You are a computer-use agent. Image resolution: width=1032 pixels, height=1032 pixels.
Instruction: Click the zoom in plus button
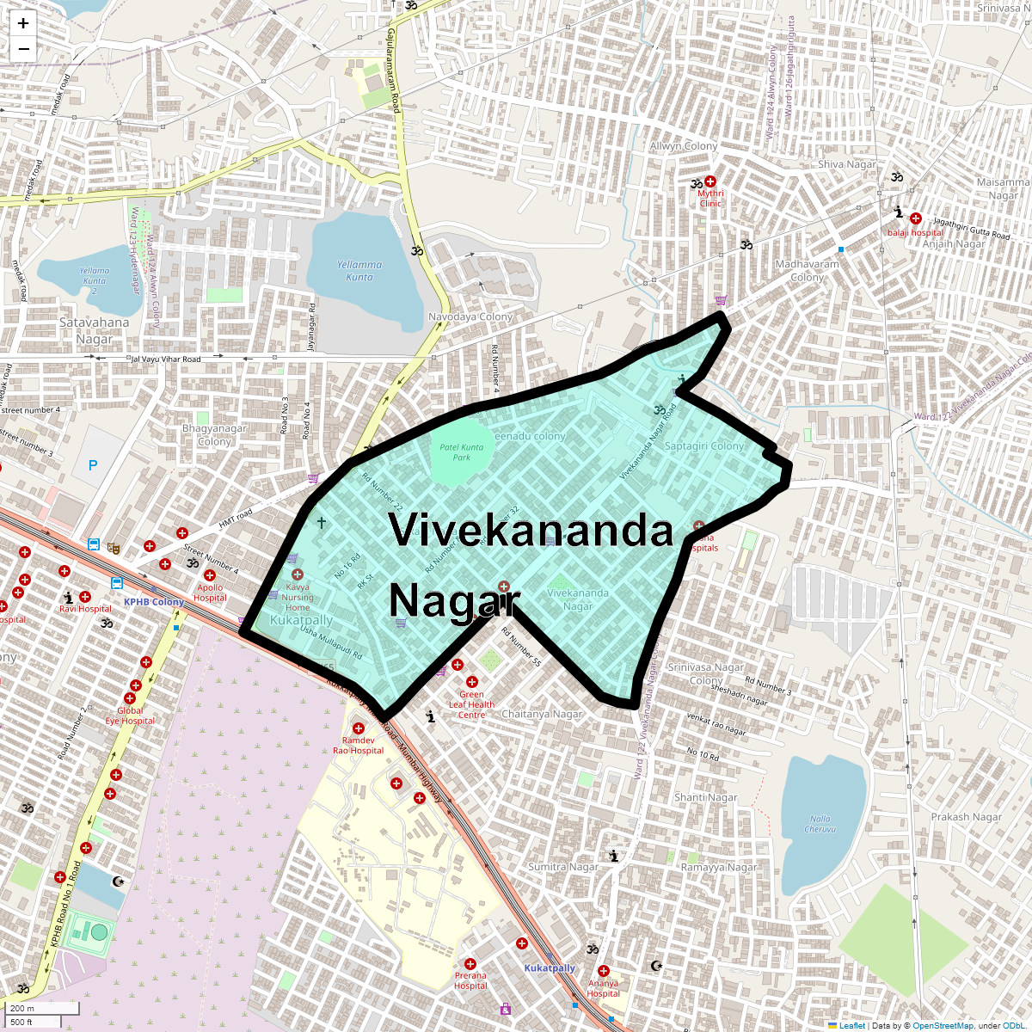click(x=23, y=24)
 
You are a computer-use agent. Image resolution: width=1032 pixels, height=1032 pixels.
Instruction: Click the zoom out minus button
click(x=23, y=49)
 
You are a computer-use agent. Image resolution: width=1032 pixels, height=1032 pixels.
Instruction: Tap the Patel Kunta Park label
click(x=462, y=452)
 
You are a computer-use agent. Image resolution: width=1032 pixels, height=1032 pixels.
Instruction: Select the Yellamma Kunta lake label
click(x=359, y=271)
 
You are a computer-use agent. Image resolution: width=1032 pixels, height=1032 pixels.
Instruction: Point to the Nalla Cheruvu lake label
click(x=820, y=824)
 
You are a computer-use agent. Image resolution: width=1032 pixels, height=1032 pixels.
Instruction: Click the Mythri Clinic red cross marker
click(x=710, y=181)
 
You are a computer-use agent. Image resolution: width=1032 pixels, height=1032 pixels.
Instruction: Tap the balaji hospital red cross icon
click(x=916, y=218)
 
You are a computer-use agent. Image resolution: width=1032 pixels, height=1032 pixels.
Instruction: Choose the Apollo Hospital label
click(x=210, y=593)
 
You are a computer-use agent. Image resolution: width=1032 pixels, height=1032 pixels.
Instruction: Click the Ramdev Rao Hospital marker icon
click(x=359, y=728)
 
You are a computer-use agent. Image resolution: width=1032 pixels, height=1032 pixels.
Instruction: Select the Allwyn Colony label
click(x=684, y=146)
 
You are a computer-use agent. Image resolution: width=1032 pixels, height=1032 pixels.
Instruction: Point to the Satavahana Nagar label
click(x=95, y=331)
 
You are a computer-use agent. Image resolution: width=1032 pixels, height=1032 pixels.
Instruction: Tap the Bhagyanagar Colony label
click(x=214, y=435)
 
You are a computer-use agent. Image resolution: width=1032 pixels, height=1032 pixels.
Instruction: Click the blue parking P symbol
click(x=93, y=465)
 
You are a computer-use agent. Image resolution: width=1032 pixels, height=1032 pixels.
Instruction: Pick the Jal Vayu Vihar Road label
click(x=165, y=359)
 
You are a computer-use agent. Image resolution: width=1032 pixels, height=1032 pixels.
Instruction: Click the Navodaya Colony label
click(x=470, y=316)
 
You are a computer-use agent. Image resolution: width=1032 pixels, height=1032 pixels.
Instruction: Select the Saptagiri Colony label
click(x=704, y=446)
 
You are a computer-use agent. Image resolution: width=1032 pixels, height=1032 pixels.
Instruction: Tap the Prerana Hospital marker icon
click(x=470, y=964)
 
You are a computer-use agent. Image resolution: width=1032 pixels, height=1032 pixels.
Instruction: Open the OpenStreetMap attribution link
click(x=943, y=1025)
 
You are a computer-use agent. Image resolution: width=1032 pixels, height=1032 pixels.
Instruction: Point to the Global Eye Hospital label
click(x=130, y=716)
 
